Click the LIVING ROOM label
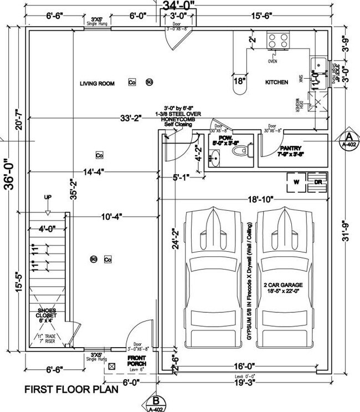(97, 84)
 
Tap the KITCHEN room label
(276, 82)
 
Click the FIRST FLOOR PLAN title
(71, 390)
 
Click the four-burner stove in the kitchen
(276, 39)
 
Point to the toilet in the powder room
(248, 149)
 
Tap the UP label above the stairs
(48, 197)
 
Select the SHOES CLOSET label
(47, 314)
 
